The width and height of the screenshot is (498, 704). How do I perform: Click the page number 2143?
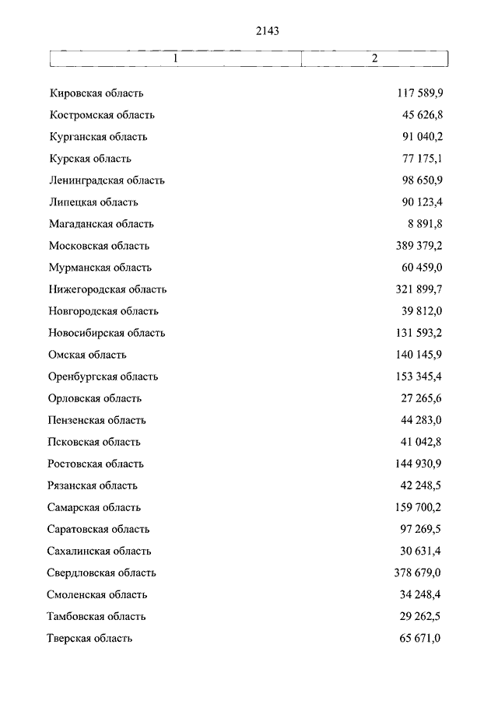click(266, 31)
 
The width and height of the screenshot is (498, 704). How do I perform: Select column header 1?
click(176, 59)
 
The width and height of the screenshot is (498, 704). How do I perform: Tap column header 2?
click(374, 59)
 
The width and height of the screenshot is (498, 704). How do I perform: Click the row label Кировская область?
click(96, 93)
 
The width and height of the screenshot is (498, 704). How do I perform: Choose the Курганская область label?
click(97, 137)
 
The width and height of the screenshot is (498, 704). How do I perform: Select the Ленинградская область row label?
click(107, 180)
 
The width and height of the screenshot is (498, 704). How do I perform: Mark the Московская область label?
click(99, 246)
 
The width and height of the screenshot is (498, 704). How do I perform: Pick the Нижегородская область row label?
click(107, 289)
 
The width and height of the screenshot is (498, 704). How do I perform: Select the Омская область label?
click(87, 355)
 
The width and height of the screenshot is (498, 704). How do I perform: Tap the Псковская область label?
click(94, 442)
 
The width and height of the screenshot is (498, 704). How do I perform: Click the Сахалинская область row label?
click(100, 551)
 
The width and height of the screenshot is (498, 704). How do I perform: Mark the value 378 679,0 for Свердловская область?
click(417, 573)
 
